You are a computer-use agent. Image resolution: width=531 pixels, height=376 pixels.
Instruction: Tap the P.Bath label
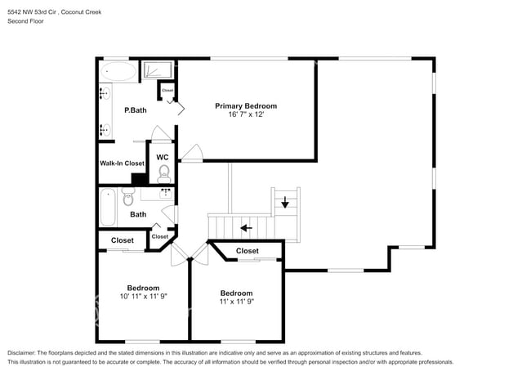[135, 110]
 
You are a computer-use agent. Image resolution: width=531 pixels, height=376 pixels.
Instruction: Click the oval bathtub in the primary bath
[119, 72]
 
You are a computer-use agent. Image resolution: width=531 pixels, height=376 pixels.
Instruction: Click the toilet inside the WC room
[163, 172]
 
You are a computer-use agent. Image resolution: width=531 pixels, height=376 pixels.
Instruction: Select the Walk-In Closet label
[122, 163]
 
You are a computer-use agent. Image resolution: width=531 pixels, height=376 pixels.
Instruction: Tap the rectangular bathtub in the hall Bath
[108, 208]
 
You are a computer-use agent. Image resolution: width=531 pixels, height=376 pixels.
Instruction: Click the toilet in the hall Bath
[128, 198]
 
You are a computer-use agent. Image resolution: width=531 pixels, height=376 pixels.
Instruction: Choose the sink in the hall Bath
[166, 193]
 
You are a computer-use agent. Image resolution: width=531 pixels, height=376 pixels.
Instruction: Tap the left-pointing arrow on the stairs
[244, 227]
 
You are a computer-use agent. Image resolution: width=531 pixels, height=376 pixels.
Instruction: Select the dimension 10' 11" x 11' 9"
[143, 297]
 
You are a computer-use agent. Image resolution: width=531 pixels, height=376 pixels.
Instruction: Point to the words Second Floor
[26, 21]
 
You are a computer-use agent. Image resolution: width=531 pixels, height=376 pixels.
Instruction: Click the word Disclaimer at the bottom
[22, 351]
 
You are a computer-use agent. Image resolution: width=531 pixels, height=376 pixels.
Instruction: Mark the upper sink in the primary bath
[105, 93]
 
